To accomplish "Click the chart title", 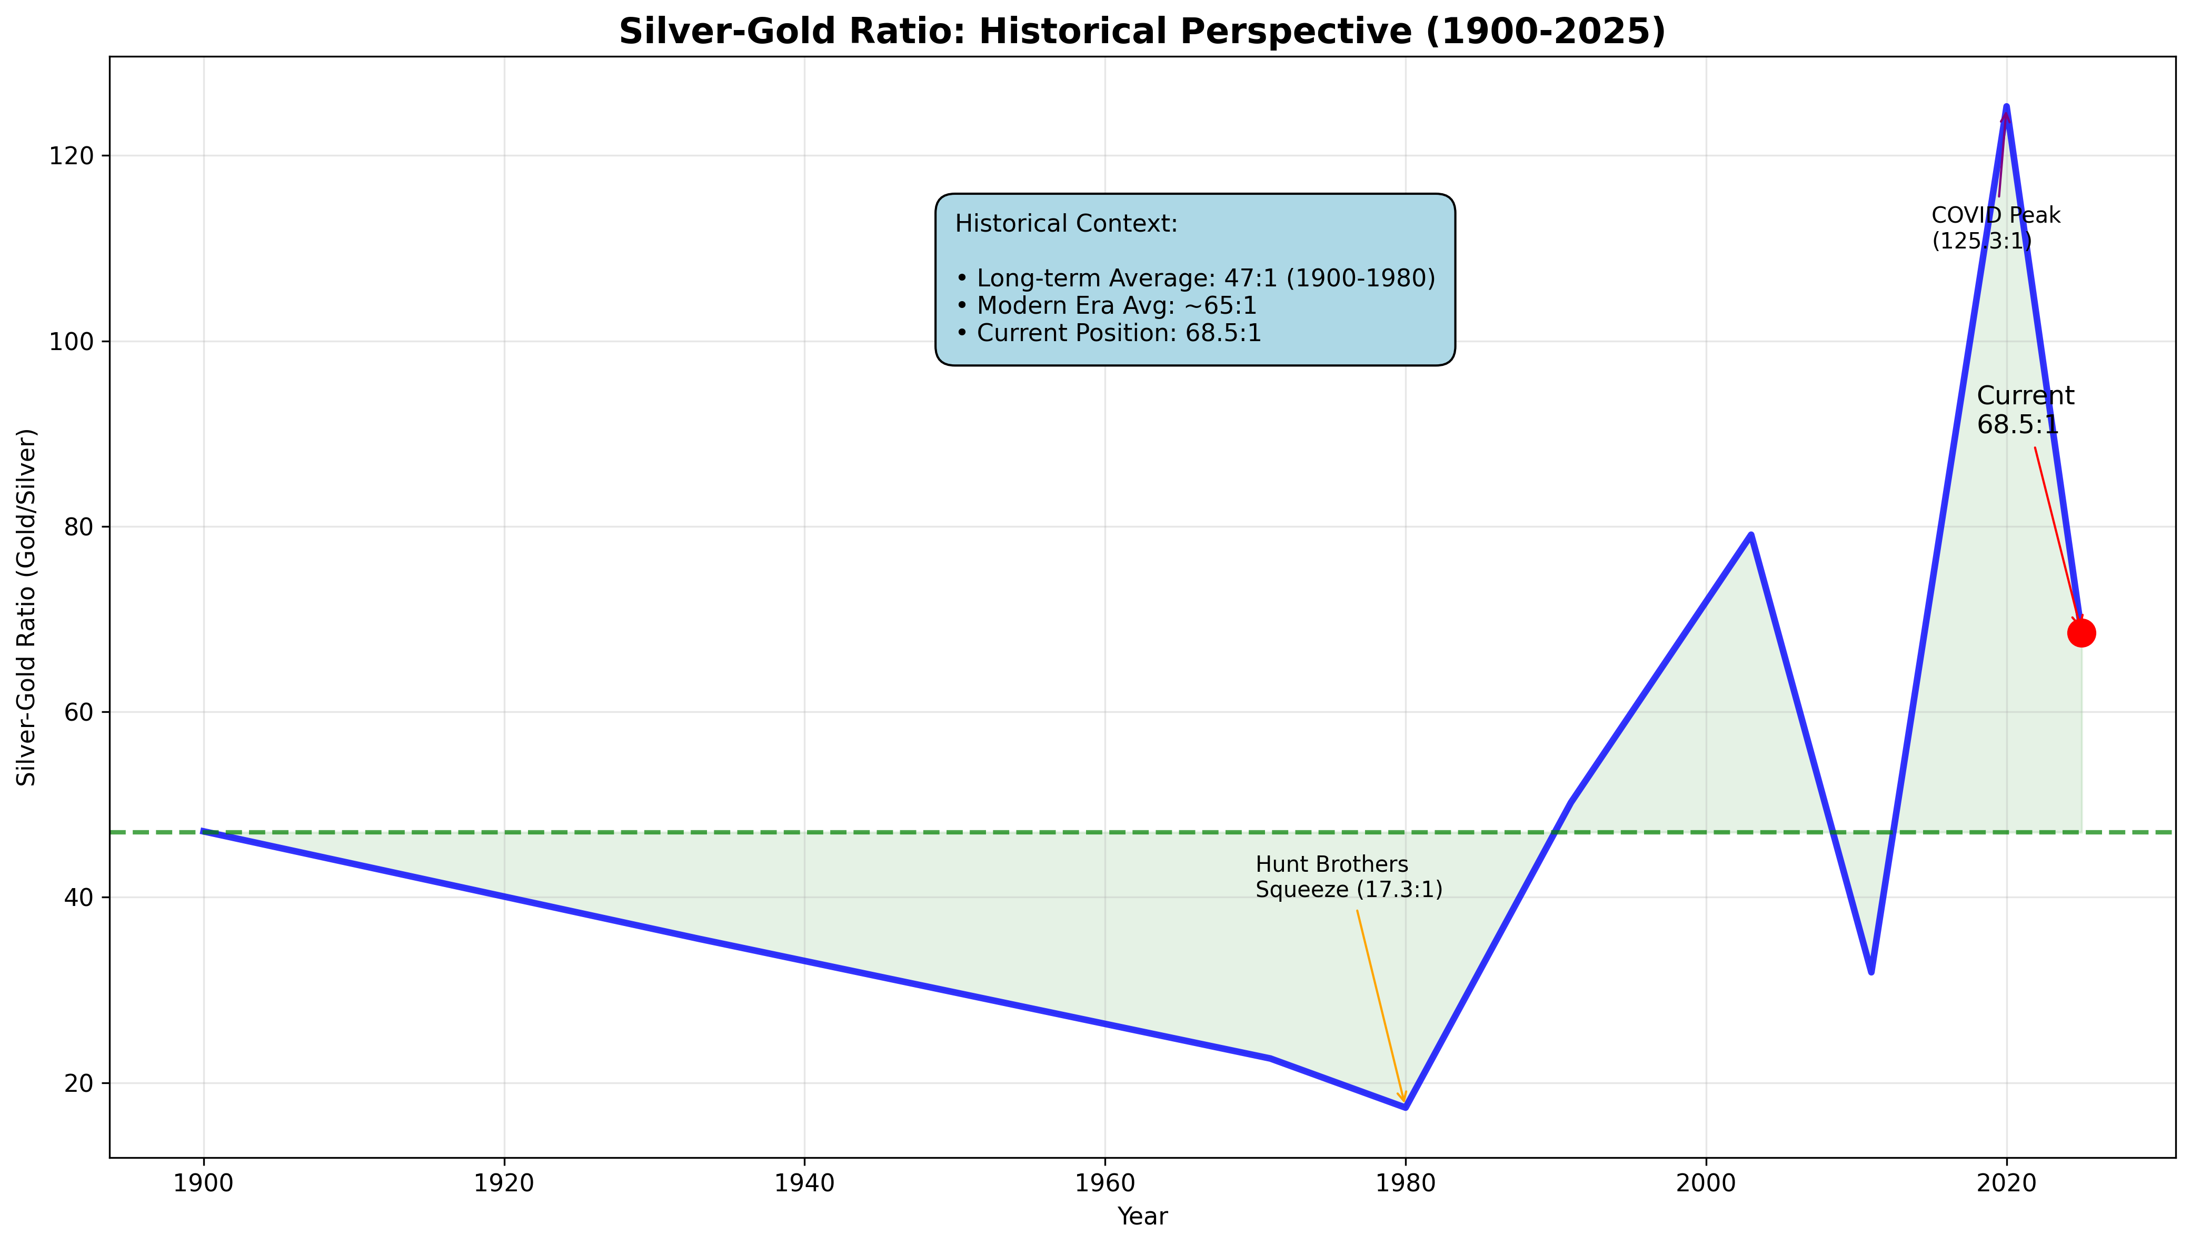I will [1142, 32].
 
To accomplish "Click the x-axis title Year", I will [1142, 1217].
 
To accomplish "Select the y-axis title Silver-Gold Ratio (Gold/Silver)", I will [27, 607].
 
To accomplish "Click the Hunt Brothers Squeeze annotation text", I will [1348, 878].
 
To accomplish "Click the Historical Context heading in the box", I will [1066, 224].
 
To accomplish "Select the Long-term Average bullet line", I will [1195, 279].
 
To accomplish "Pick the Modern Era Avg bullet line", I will [1106, 306].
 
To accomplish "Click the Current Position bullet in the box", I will [1108, 333].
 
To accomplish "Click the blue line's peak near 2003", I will [1751, 535].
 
